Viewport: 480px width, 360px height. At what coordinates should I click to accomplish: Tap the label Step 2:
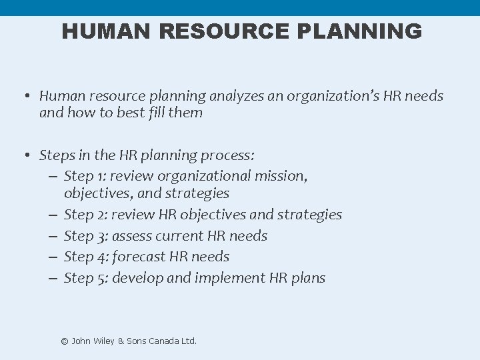(x=85, y=215)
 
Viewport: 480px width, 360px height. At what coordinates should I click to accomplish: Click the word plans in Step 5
(x=308, y=278)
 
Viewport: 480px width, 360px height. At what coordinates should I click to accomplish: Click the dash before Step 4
(x=53, y=257)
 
